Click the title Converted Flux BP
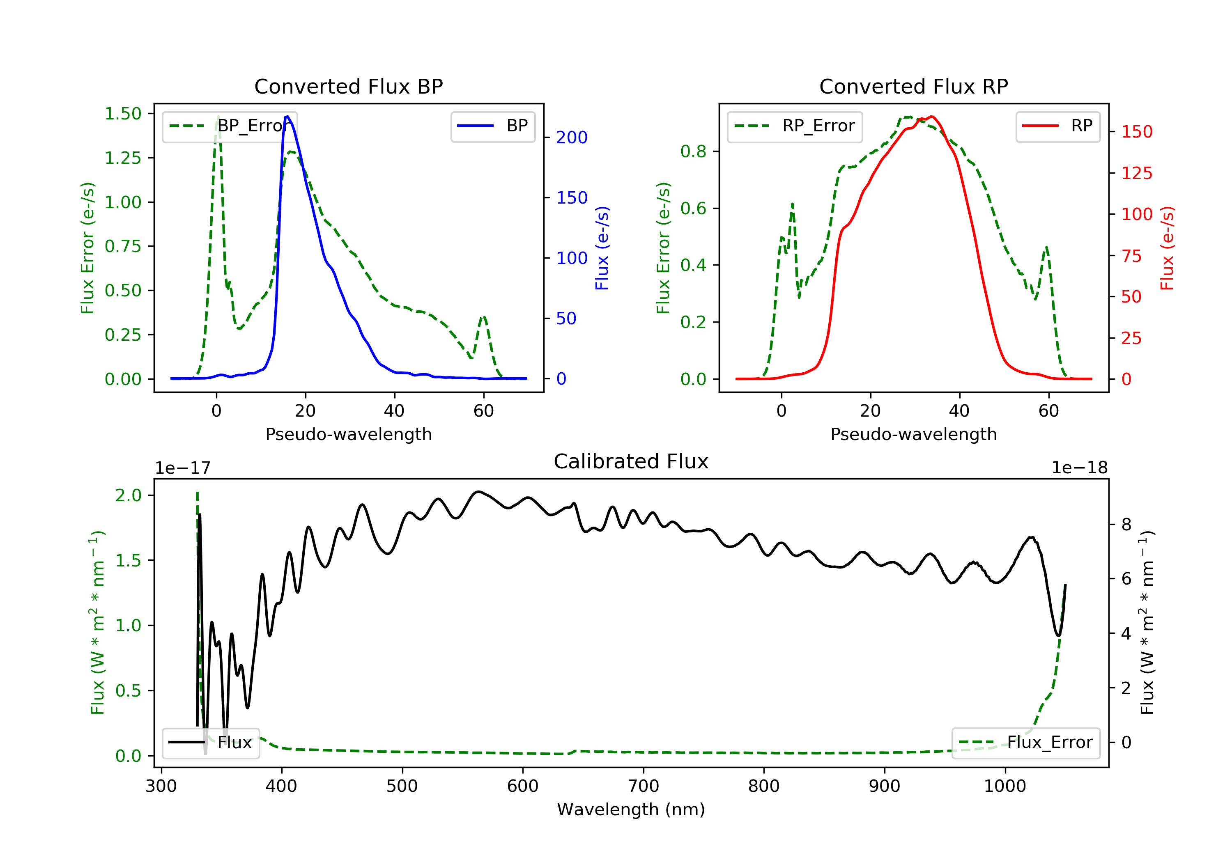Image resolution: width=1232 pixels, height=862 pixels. pyautogui.click(x=348, y=86)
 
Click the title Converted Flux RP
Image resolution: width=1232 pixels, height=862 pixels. pyautogui.click(x=913, y=86)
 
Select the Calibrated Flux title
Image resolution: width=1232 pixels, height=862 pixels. pyautogui.click(x=631, y=461)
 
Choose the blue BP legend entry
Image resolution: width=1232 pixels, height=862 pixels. pyautogui.click(x=492, y=126)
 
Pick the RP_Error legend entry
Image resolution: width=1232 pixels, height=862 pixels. pyautogui.click(x=794, y=126)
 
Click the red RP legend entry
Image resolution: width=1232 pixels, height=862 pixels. pyautogui.click(x=1057, y=126)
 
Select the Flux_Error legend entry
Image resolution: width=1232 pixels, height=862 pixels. pyautogui.click(x=1025, y=743)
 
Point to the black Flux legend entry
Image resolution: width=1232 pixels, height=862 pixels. pyautogui.click(x=210, y=743)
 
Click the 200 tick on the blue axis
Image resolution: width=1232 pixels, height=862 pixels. pyautogui.click(x=572, y=138)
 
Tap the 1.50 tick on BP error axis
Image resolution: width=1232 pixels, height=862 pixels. pyautogui.click(x=123, y=114)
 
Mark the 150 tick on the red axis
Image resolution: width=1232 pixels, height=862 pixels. pyautogui.click(x=1136, y=132)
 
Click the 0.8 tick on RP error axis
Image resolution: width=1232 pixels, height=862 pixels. pyautogui.click(x=693, y=152)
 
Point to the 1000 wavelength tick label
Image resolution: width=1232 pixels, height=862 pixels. pyautogui.click(x=1005, y=786)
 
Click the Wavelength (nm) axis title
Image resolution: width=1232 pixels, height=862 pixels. pyautogui.click(x=631, y=809)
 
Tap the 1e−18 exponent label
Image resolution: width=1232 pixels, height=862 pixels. pyautogui.click(x=1079, y=468)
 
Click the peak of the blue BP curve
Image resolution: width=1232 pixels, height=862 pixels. pyautogui.click(x=287, y=117)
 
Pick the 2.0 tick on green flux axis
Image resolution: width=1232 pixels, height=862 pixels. pyautogui.click(x=129, y=495)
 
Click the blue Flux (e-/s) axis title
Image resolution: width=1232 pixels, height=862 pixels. pyautogui.click(x=602, y=248)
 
